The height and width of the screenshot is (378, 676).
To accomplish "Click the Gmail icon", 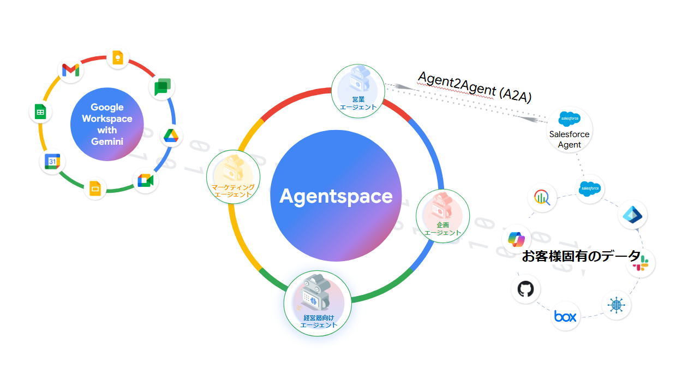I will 70,70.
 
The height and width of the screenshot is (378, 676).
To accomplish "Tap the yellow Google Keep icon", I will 117,57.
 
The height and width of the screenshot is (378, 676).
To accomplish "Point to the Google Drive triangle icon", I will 171,135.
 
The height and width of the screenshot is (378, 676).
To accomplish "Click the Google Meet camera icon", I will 145,181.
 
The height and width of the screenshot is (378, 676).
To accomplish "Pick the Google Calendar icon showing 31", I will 52,162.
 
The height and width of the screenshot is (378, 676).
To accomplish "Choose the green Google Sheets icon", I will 40,113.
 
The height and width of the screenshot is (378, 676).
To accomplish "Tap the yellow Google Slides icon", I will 94,189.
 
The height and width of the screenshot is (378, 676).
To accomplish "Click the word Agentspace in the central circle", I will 336,196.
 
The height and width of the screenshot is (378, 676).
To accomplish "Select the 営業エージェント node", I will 358,91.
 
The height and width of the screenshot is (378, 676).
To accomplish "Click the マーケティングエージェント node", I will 233,176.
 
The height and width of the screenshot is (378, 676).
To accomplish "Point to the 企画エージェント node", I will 442,215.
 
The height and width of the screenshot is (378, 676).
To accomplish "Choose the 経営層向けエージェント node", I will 318,304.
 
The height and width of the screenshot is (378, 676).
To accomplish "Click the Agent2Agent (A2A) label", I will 474,86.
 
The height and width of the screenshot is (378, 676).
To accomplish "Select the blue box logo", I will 565,316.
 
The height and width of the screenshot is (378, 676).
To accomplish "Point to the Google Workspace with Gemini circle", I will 107,125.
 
